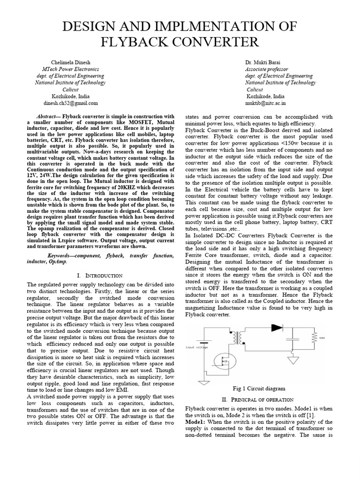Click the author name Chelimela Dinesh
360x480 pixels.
[x=70, y=62]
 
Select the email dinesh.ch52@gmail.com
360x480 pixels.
[x=70, y=103]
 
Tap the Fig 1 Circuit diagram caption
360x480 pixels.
[x=259, y=389]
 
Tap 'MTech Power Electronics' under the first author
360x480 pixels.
[x=70, y=69]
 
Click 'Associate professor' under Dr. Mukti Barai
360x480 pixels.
[x=265, y=69]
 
